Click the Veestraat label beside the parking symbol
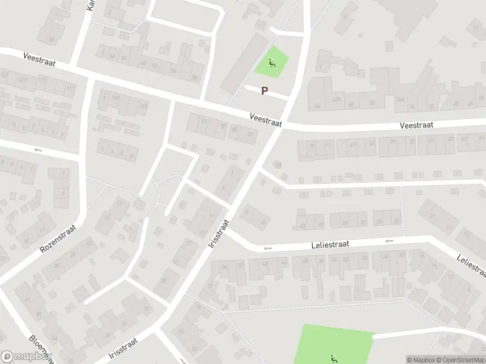point(266,119)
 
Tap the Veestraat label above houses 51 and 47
point(417,126)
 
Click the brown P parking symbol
point(264,91)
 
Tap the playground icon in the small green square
point(271,61)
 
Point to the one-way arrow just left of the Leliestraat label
point(267,248)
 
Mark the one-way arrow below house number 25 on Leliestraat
point(389,241)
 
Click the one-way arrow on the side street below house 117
point(39,150)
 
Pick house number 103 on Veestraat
point(143,107)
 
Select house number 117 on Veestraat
point(42,81)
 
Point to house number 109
point(115,98)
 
